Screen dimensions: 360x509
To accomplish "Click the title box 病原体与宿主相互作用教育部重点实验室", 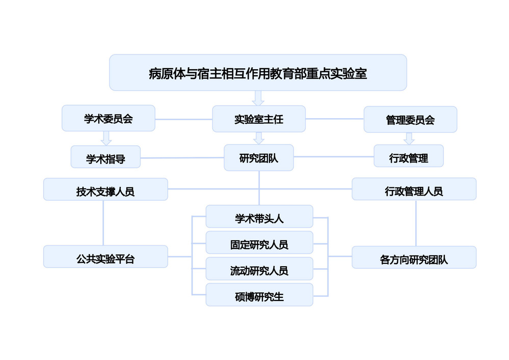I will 258,73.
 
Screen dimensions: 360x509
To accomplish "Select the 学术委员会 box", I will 108,119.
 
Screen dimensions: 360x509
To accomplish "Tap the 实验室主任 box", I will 258,119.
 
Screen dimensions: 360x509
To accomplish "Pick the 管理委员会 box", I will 410,120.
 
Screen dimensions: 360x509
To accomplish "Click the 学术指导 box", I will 105,158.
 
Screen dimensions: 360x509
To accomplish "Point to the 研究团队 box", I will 258,157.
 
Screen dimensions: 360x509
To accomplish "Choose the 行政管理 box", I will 409,157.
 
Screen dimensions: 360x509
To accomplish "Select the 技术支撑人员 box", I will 105,190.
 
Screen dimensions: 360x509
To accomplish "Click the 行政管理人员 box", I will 414,190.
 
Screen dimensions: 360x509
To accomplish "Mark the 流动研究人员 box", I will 259,269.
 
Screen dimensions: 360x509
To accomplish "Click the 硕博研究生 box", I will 259,295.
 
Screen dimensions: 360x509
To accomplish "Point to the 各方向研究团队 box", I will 414,258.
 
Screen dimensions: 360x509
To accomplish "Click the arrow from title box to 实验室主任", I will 258,98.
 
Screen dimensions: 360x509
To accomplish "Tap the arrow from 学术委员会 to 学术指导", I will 106,138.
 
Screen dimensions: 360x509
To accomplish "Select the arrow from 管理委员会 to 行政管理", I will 409,139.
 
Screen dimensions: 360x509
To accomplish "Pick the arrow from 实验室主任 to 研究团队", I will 258,138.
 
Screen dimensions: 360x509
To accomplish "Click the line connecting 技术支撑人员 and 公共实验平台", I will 104,223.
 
